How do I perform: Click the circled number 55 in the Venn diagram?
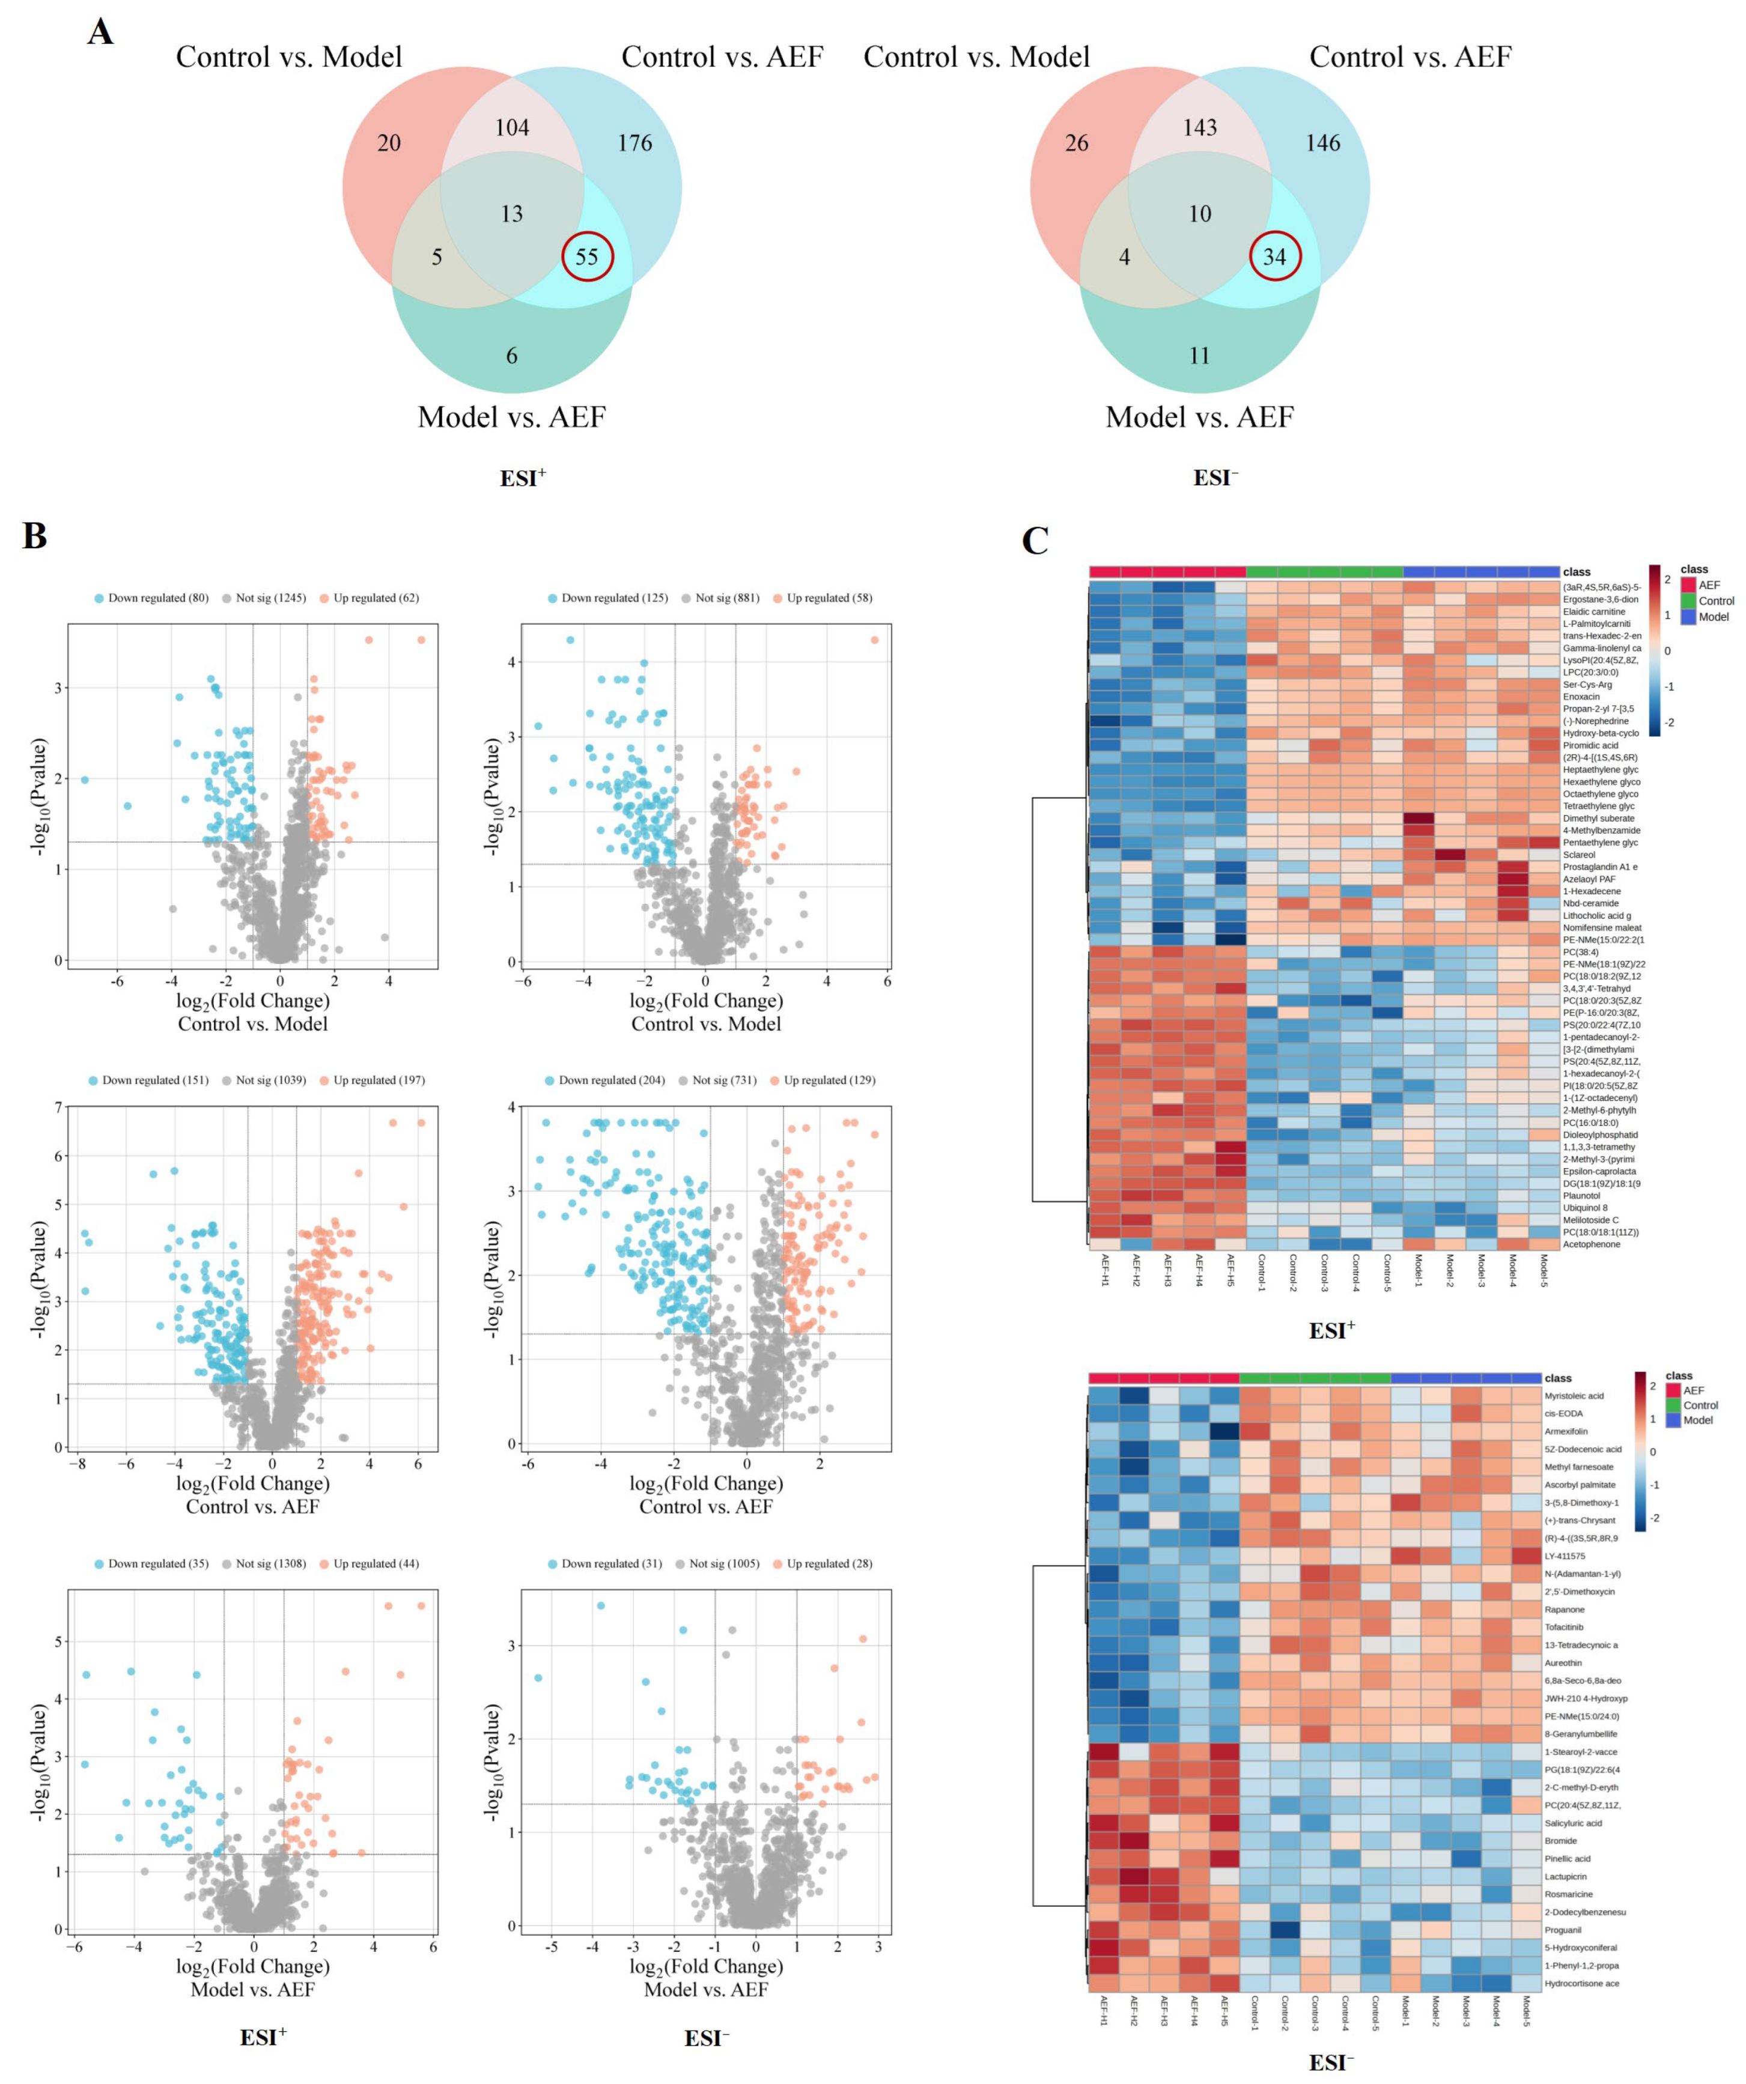pos(586,257)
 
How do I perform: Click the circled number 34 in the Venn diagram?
pos(1274,257)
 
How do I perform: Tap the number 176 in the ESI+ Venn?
pos(634,143)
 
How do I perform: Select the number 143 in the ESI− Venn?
pos(1199,127)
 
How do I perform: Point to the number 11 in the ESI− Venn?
pos(1199,356)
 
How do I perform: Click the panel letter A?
pos(100,33)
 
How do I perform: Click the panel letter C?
pos(1034,541)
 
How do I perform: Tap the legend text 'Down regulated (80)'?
pos(158,598)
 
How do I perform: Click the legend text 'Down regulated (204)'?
pos(612,1080)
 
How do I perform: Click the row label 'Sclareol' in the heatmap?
pos(1579,855)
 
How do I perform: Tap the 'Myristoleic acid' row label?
pos(1574,1395)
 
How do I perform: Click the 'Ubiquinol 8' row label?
pos(1584,1208)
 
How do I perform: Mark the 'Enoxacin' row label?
pos(1581,697)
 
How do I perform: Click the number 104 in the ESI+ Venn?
pos(511,127)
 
